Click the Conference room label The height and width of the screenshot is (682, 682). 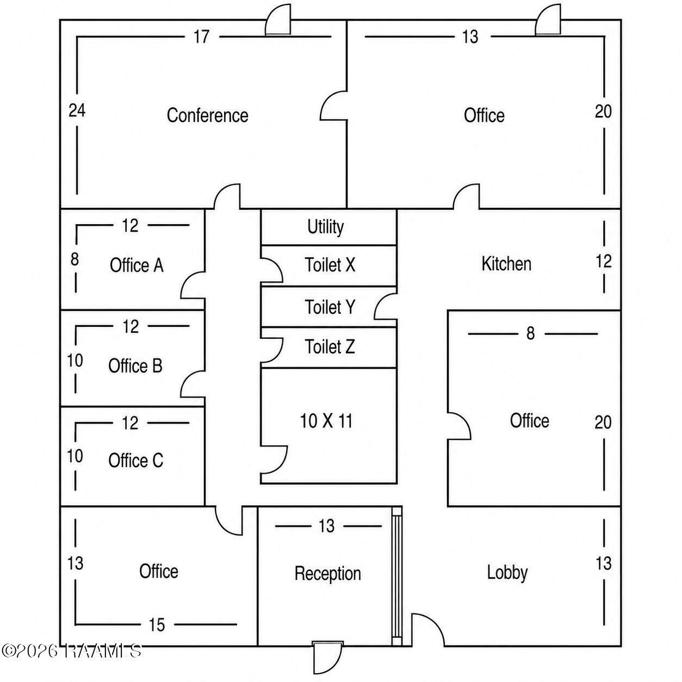point(207,115)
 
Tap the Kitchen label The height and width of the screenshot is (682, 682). point(506,264)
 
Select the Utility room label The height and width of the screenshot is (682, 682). point(325,227)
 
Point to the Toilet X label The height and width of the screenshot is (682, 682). point(330,264)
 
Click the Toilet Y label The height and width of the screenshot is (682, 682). point(330,307)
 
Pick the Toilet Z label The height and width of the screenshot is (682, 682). point(330,346)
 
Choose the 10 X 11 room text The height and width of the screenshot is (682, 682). point(326,421)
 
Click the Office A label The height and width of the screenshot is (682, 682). point(137,265)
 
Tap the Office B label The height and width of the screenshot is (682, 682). point(135,365)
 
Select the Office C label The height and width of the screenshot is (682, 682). point(135,461)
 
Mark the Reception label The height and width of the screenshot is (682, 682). point(328,574)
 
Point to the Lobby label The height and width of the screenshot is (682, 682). point(507,572)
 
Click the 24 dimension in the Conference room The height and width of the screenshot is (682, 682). point(77,110)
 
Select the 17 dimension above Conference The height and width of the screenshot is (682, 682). point(201,36)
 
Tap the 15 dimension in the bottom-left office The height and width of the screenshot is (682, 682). point(157,625)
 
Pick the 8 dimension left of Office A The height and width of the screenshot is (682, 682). point(75,259)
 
